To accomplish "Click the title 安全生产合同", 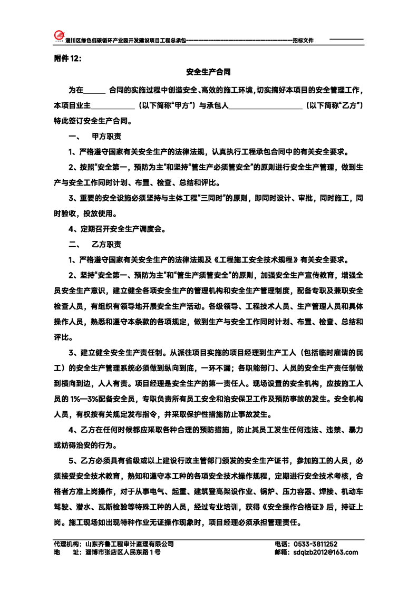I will (x=209, y=72).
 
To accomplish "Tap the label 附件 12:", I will (x=68, y=59).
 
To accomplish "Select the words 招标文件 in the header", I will (x=303, y=41).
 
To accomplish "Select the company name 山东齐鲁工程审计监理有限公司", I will (x=129, y=544).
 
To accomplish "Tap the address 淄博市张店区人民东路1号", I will (x=122, y=553).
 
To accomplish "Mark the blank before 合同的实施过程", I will (x=94, y=90).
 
